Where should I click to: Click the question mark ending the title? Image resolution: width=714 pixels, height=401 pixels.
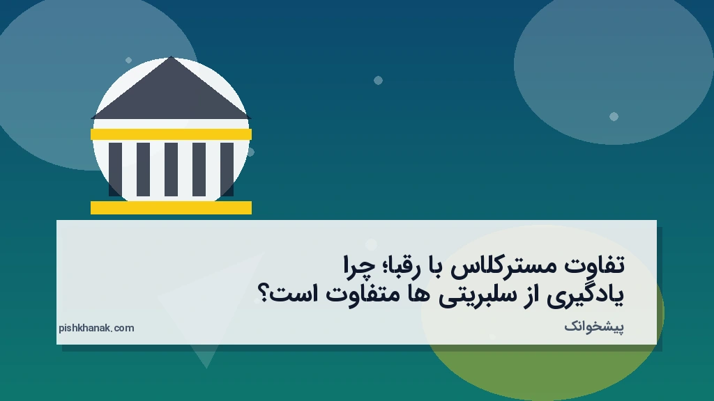coord(265,294)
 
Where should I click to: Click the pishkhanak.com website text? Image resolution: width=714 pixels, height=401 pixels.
coord(96,328)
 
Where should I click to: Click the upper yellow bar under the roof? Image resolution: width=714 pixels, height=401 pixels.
coord(171,134)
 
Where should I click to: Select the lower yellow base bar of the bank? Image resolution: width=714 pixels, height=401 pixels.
coord(171,207)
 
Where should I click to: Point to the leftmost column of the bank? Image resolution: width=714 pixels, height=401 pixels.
coord(115,169)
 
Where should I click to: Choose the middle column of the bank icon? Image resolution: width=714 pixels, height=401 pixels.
coord(171,169)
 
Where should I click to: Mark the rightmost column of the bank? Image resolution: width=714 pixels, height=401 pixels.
coord(227,169)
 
